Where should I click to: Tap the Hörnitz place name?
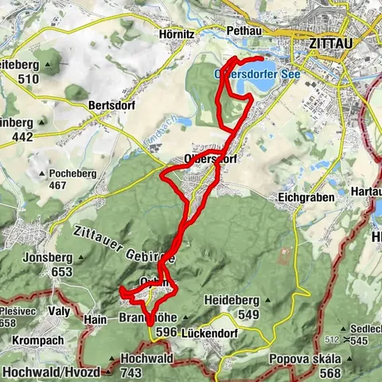[x=172, y=35]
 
